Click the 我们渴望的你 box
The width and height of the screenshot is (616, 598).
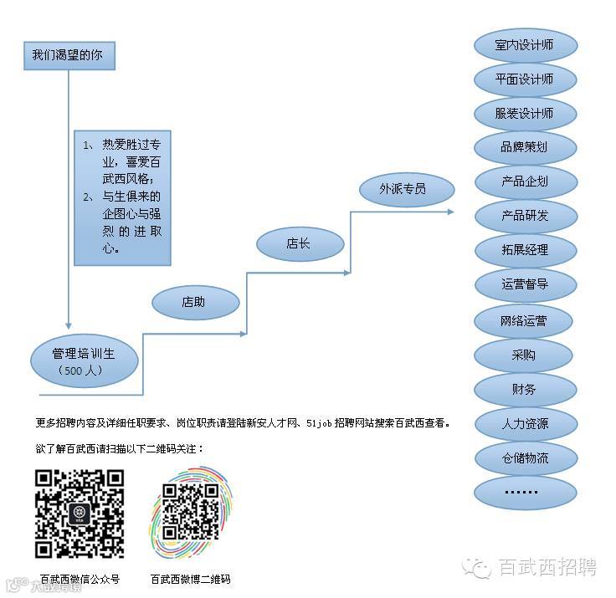click(x=68, y=56)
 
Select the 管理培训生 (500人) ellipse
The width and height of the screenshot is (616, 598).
click(x=83, y=360)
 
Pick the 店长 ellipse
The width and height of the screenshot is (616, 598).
click(x=300, y=244)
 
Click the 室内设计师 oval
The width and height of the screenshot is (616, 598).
click(x=525, y=44)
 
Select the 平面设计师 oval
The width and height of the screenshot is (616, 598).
click(x=525, y=79)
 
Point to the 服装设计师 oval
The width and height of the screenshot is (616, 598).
click(x=525, y=113)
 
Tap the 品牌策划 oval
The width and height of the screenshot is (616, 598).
click(x=525, y=147)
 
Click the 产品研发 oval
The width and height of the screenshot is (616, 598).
click(x=525, y=216)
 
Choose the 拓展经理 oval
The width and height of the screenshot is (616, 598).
click(x=525, y=250)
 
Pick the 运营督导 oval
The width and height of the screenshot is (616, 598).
click(x=525, y=284)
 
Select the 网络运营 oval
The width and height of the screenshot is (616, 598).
click(x=525, y=320)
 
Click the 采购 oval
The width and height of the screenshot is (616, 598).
click(x=525, y=355)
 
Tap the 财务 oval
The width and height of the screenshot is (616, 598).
click(x=525, y=390)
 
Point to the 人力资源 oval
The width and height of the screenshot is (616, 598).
click(x=525, y=424)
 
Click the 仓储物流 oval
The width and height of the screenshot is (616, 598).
click(x=525, y=458)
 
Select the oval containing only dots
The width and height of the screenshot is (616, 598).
click(x=525, y=492)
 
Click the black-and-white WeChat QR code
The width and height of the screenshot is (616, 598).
click(x=80, y=514)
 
